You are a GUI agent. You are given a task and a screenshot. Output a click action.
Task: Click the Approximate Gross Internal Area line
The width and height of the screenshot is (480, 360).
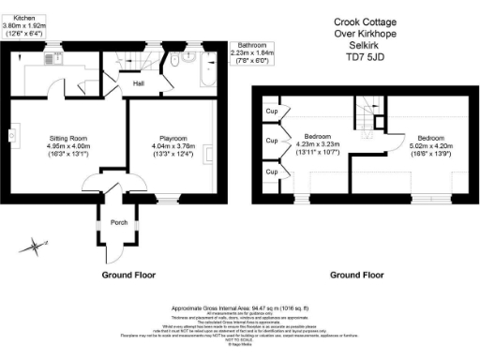[240, 307]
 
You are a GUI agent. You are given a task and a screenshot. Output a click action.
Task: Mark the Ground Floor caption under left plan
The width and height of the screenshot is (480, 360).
[129, 276]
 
